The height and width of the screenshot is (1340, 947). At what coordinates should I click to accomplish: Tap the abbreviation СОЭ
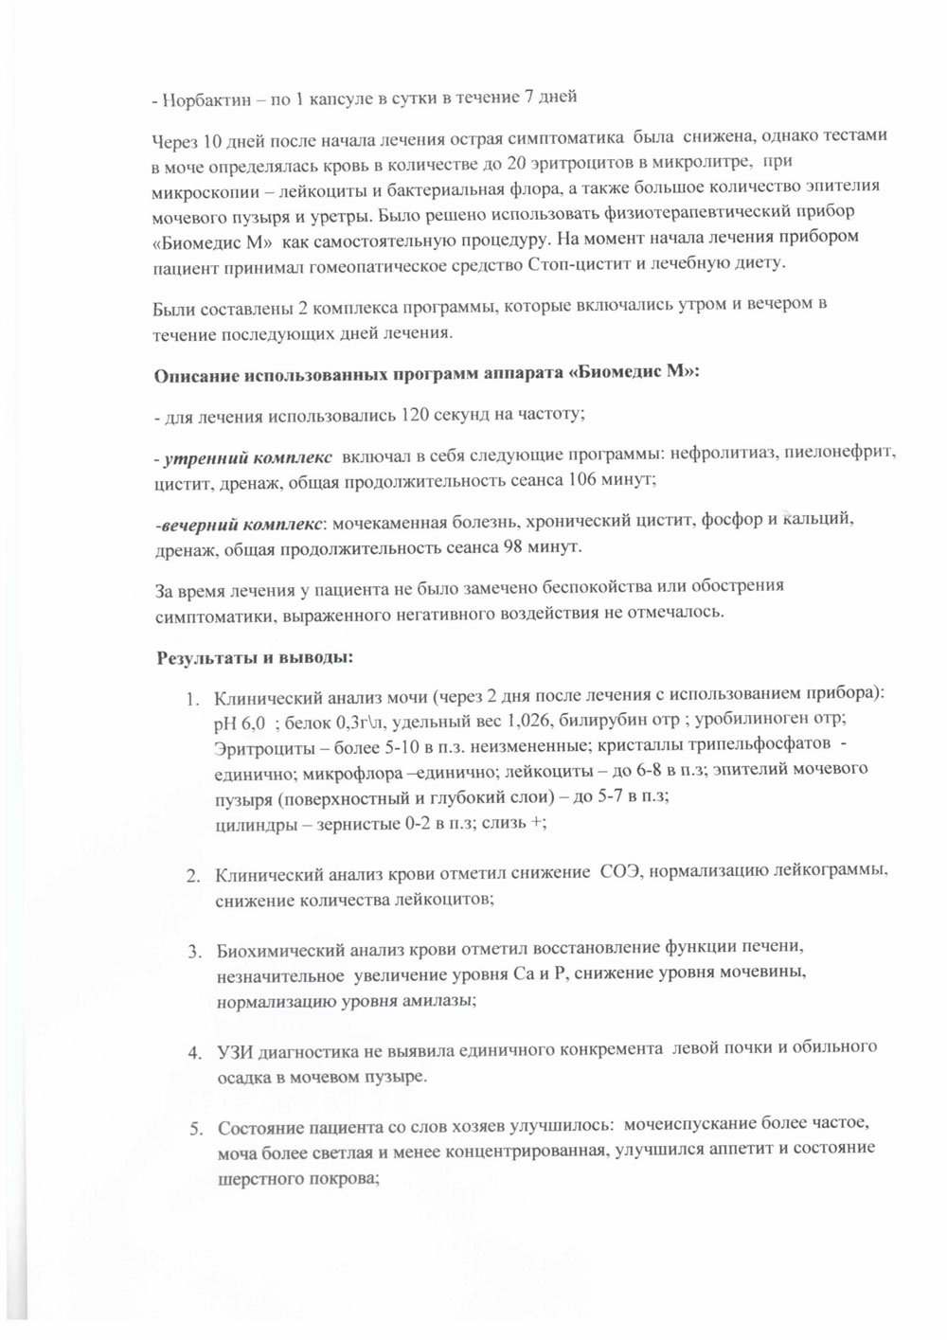pos(620,871)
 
